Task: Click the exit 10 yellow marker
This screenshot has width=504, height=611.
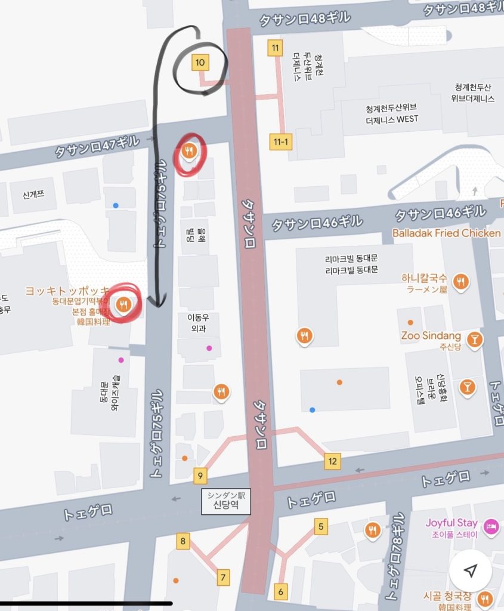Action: [200, 62]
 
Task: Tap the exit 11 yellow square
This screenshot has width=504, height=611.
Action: [275, 48]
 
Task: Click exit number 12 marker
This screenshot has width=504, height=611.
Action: [332, 461]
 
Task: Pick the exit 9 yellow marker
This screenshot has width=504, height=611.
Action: [200, 476]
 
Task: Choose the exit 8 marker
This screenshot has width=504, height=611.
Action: [183, 542]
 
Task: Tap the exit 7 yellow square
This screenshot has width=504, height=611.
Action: [224, 577]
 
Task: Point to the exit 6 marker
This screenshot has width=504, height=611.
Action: [280, 591]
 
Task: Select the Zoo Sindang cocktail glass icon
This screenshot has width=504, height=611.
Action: [475, 339]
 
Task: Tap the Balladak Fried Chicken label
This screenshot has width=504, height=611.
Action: [446, 233]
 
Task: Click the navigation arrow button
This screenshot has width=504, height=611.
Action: [470, 572]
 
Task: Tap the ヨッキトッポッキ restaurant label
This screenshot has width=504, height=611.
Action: [67, 291]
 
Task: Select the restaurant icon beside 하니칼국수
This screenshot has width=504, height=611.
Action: [460, 281]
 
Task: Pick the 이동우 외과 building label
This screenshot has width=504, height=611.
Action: [198, 322]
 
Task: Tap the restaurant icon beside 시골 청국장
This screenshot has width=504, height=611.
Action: [486, 598]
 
